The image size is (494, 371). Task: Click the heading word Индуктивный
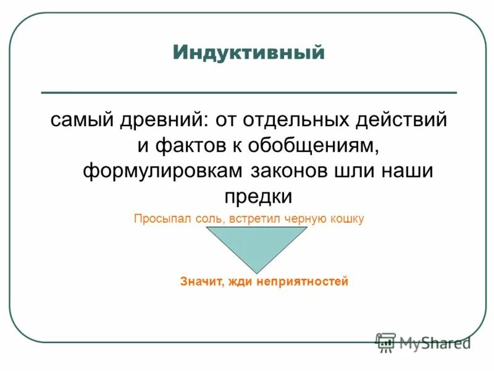coord(248,53)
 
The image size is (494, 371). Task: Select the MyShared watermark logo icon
coord(386,343)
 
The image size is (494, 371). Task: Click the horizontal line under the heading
coord(248,93)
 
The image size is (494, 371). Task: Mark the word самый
coord(77,119)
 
